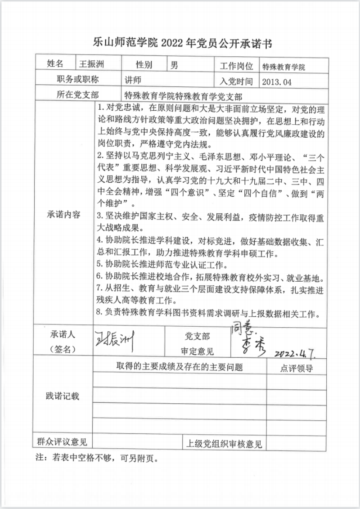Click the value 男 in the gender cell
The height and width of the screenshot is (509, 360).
(175, 65)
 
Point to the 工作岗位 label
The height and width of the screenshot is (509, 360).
(237, 66)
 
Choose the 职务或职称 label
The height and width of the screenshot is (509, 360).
(78, 80)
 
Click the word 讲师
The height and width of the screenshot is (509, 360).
(134, 80)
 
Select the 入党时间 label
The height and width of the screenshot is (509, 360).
(237, 81)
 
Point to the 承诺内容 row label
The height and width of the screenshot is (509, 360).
(64, 214)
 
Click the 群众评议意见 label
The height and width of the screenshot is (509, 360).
(63, 442)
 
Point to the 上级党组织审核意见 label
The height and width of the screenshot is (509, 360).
(224, 444)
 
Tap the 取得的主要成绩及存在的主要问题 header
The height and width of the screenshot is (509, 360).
(180, 367)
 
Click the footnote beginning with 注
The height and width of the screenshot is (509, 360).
(96, 459)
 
